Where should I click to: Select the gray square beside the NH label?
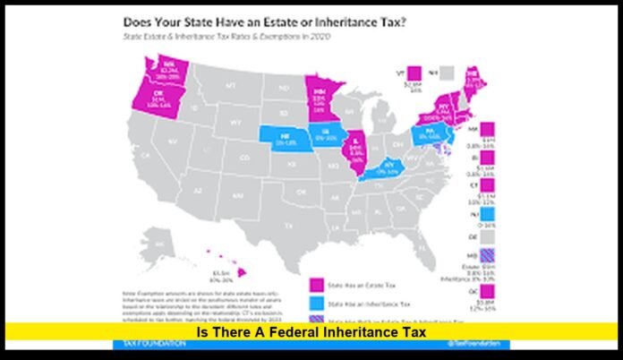tap(469, 71)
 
